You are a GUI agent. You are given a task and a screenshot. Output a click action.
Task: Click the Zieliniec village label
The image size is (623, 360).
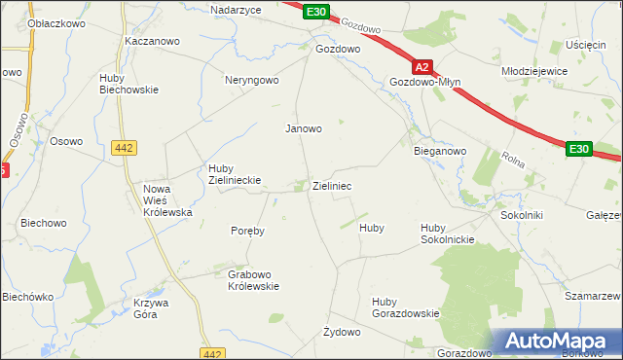tap(332, 185)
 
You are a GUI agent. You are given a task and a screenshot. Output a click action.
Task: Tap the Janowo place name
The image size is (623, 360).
tap(303, 128)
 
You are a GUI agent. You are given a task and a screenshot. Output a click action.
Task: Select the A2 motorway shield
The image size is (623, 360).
tap(421, 68)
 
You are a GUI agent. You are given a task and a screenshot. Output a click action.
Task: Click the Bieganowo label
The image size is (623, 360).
tap(441, 152)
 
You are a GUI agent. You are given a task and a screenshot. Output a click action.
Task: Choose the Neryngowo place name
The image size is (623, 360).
tap(252, 81)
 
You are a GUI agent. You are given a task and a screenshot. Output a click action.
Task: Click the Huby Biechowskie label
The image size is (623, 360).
tap(128, 84)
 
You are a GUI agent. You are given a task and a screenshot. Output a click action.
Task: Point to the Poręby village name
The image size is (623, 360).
tap(247, 232)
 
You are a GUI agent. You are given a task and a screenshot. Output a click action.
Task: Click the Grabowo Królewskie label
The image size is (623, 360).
tap(253, 280)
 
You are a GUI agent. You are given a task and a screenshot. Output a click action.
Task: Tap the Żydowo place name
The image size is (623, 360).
tap(342, 332)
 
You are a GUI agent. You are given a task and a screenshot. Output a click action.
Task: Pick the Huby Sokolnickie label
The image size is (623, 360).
tap(447, 234)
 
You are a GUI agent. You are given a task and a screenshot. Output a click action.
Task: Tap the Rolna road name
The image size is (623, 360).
tap(513, 158)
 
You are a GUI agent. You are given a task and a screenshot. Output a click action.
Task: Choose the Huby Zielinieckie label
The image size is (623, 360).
tap(232, 172)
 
